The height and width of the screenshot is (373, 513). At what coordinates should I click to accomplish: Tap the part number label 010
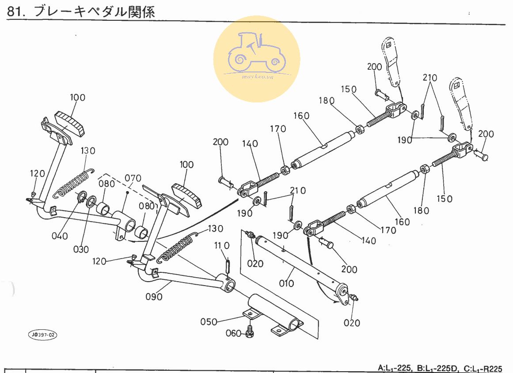[286, 283]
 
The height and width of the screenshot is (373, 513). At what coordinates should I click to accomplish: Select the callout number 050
[208, 322]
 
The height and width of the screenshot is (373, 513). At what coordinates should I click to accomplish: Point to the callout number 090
[154, 297]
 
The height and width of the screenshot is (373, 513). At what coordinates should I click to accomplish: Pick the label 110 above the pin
[222, 245]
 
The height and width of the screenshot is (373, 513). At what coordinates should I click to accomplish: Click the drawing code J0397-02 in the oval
[43, 335]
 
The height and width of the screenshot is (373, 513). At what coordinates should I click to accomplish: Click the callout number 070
[133, 178]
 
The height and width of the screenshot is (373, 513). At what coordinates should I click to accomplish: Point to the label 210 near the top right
[429, 78]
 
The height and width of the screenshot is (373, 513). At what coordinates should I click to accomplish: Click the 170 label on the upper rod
[278, 129]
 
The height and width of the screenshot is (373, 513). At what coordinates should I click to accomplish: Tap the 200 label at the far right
[486, 134]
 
